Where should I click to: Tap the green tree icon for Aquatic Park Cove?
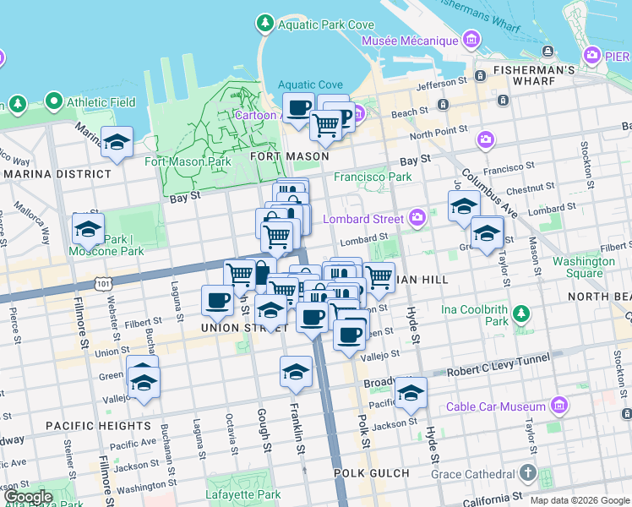(x=265, y=25)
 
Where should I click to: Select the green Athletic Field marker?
(x=55, y=102)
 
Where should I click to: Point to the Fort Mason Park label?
(x=188, y=161)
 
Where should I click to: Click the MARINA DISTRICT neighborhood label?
(x=56, y=174)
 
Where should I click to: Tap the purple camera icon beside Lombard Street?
(x=417, y=219)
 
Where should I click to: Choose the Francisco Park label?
(x=373, y=177)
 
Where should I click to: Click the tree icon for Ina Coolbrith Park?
(x=521, y=314)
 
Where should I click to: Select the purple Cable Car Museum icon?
(x=558, y=407)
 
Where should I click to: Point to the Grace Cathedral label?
(x=471, y=473)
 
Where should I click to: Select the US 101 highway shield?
(x=103, y=279)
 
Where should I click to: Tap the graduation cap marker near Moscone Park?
(x=88, y=228)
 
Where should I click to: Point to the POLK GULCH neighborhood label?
(x=371, y=473)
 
